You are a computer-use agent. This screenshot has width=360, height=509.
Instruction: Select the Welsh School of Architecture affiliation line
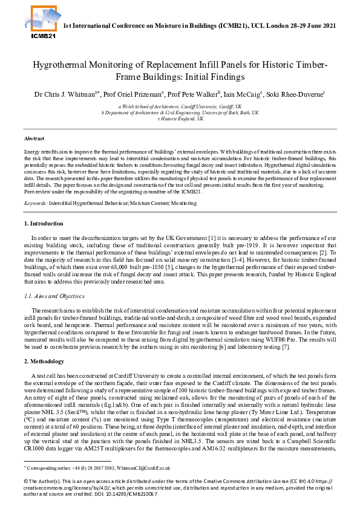pyautogui.click(x=180, y=106)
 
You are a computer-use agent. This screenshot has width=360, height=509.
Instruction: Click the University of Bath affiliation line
pyautogui.click(x=180, y=112)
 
